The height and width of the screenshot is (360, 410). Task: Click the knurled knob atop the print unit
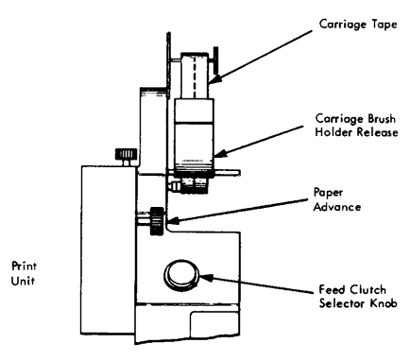123,154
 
